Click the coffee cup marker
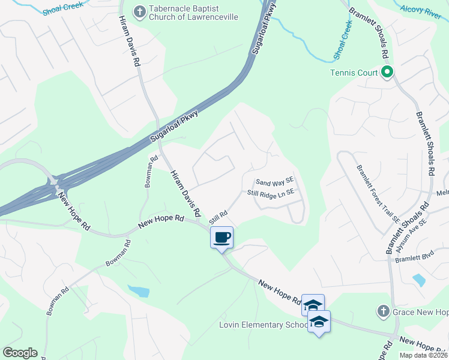click(221, 237)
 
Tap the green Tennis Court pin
click(387, 73)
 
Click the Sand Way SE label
click(274, 181)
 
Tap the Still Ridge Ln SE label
click(271, 193)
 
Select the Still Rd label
click(218, 217)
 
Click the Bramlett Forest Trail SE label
click(378, 193)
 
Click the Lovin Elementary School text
click(264, 325)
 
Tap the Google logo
click(20, 353)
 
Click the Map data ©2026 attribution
click(423, 355)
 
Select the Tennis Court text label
click(354, 73)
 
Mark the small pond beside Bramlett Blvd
click(419, 280)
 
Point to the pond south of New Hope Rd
click(139, 292)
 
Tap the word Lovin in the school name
click(230, 325)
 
